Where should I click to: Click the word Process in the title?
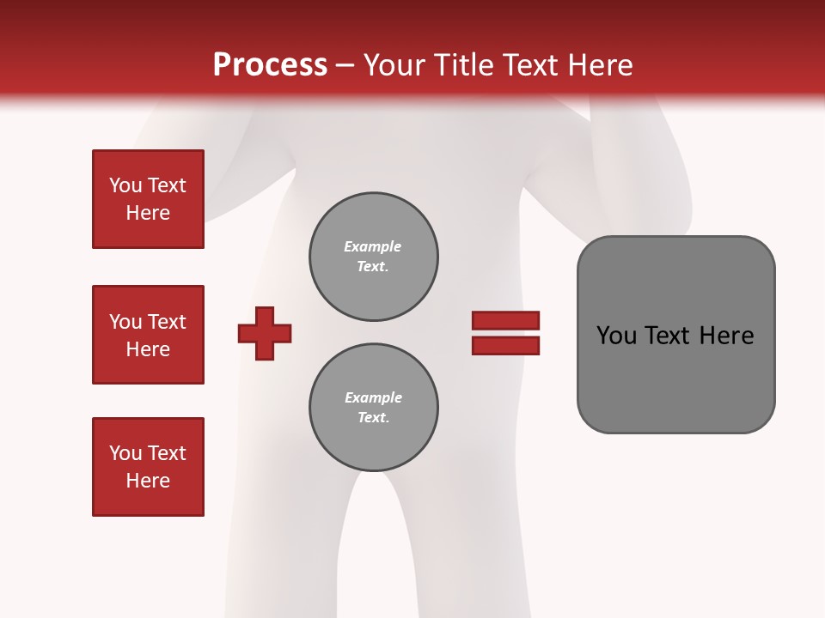coord(270,65)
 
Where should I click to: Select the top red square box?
coord(148,199)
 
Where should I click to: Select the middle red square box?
coord(148,335)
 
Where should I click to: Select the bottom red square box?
coord(148,467)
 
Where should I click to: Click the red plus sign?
coord(265,333)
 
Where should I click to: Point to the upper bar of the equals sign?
coord(505,320)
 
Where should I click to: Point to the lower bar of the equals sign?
coord(505,345)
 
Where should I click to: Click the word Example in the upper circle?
coord(373,246)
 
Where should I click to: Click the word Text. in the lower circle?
coord(373,417)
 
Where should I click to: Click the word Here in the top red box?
coord(148,213)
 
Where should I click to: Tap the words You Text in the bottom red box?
coord(148,453)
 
